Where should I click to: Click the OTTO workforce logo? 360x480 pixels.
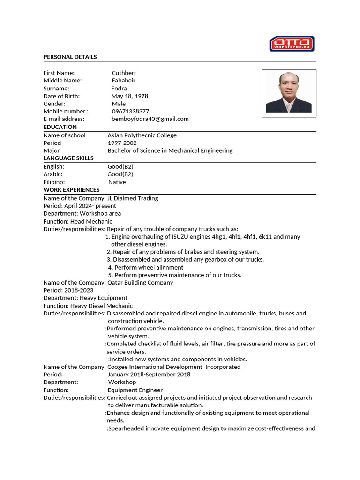tap(292, 44)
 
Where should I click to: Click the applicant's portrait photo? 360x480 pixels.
tap(288, 93)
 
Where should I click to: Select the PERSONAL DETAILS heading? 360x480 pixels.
tap(70, 57)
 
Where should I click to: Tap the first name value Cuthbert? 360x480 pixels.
tap(124, 73)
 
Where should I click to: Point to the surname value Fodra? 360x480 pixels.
tap(119, 88)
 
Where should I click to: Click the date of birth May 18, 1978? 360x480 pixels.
tap(129, 96)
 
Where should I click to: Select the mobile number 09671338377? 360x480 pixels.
tap(130, 111)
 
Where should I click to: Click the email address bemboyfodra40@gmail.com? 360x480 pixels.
tap(150, 119)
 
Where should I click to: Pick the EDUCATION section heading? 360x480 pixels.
tap(60, 127)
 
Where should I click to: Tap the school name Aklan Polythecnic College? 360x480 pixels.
tap(142, 135)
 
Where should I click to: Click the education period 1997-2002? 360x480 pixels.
tap(123, 143)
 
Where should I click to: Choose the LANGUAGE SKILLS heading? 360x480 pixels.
tap(68, 158)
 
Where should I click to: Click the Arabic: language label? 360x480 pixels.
tap(52, 174)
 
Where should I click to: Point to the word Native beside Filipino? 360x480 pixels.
tap(117, 182)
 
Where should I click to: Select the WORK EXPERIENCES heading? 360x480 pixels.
tap(71, 190)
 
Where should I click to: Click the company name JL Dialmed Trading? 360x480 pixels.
tap(133, 198)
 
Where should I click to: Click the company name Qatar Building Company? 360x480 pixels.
tap(140, 283)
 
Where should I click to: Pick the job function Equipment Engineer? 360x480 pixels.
tap(135, 390)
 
